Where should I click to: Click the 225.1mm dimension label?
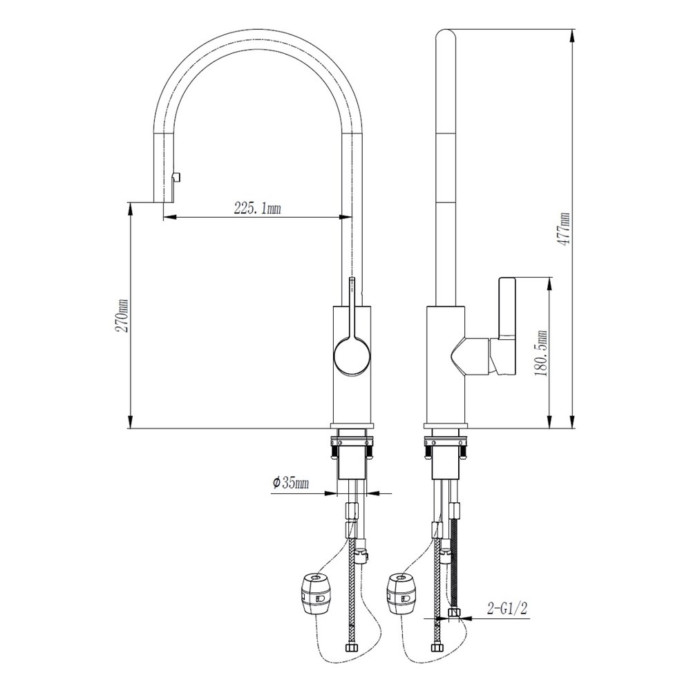pyautogui.click(x=257, y=208)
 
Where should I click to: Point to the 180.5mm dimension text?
pyautogui.click(x=542, y=353)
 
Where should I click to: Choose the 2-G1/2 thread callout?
pyautogui.click(x=507, y=609)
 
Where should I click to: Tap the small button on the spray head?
pyautogui.click(x=177, y=177)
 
